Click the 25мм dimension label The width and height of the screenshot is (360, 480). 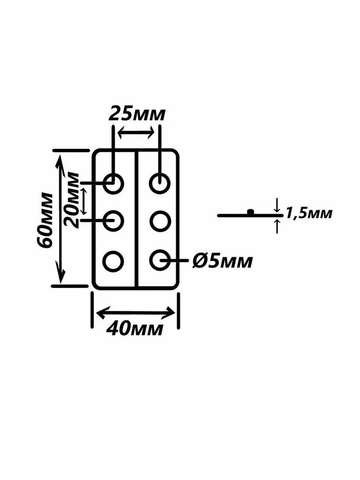pos(137,114)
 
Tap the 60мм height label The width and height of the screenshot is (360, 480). pos(44,220)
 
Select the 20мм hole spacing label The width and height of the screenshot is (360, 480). pos(72,200)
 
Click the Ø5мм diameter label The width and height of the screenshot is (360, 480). pos(223,261)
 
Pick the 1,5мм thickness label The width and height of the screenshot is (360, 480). pos(309,213)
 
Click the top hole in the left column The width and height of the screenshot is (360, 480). pos(113,184)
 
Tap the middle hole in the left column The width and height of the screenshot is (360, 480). pos(113,220)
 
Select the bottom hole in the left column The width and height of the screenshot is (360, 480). pos(113,261)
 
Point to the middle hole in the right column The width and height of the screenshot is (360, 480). pos(160,220)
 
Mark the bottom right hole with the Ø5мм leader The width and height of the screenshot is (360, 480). pos(160,260)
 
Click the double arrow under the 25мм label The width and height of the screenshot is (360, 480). pos(136,133)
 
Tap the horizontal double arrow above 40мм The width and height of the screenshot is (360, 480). pos(136,312)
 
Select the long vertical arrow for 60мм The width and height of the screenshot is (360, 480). pos(61,219)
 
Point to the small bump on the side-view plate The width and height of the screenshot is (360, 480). pos(251,212)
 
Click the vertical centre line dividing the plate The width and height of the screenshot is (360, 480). pos(136,219)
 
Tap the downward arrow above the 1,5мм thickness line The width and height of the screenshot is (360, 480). pos(277,205)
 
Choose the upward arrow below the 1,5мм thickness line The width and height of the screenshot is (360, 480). pos(277,226)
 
